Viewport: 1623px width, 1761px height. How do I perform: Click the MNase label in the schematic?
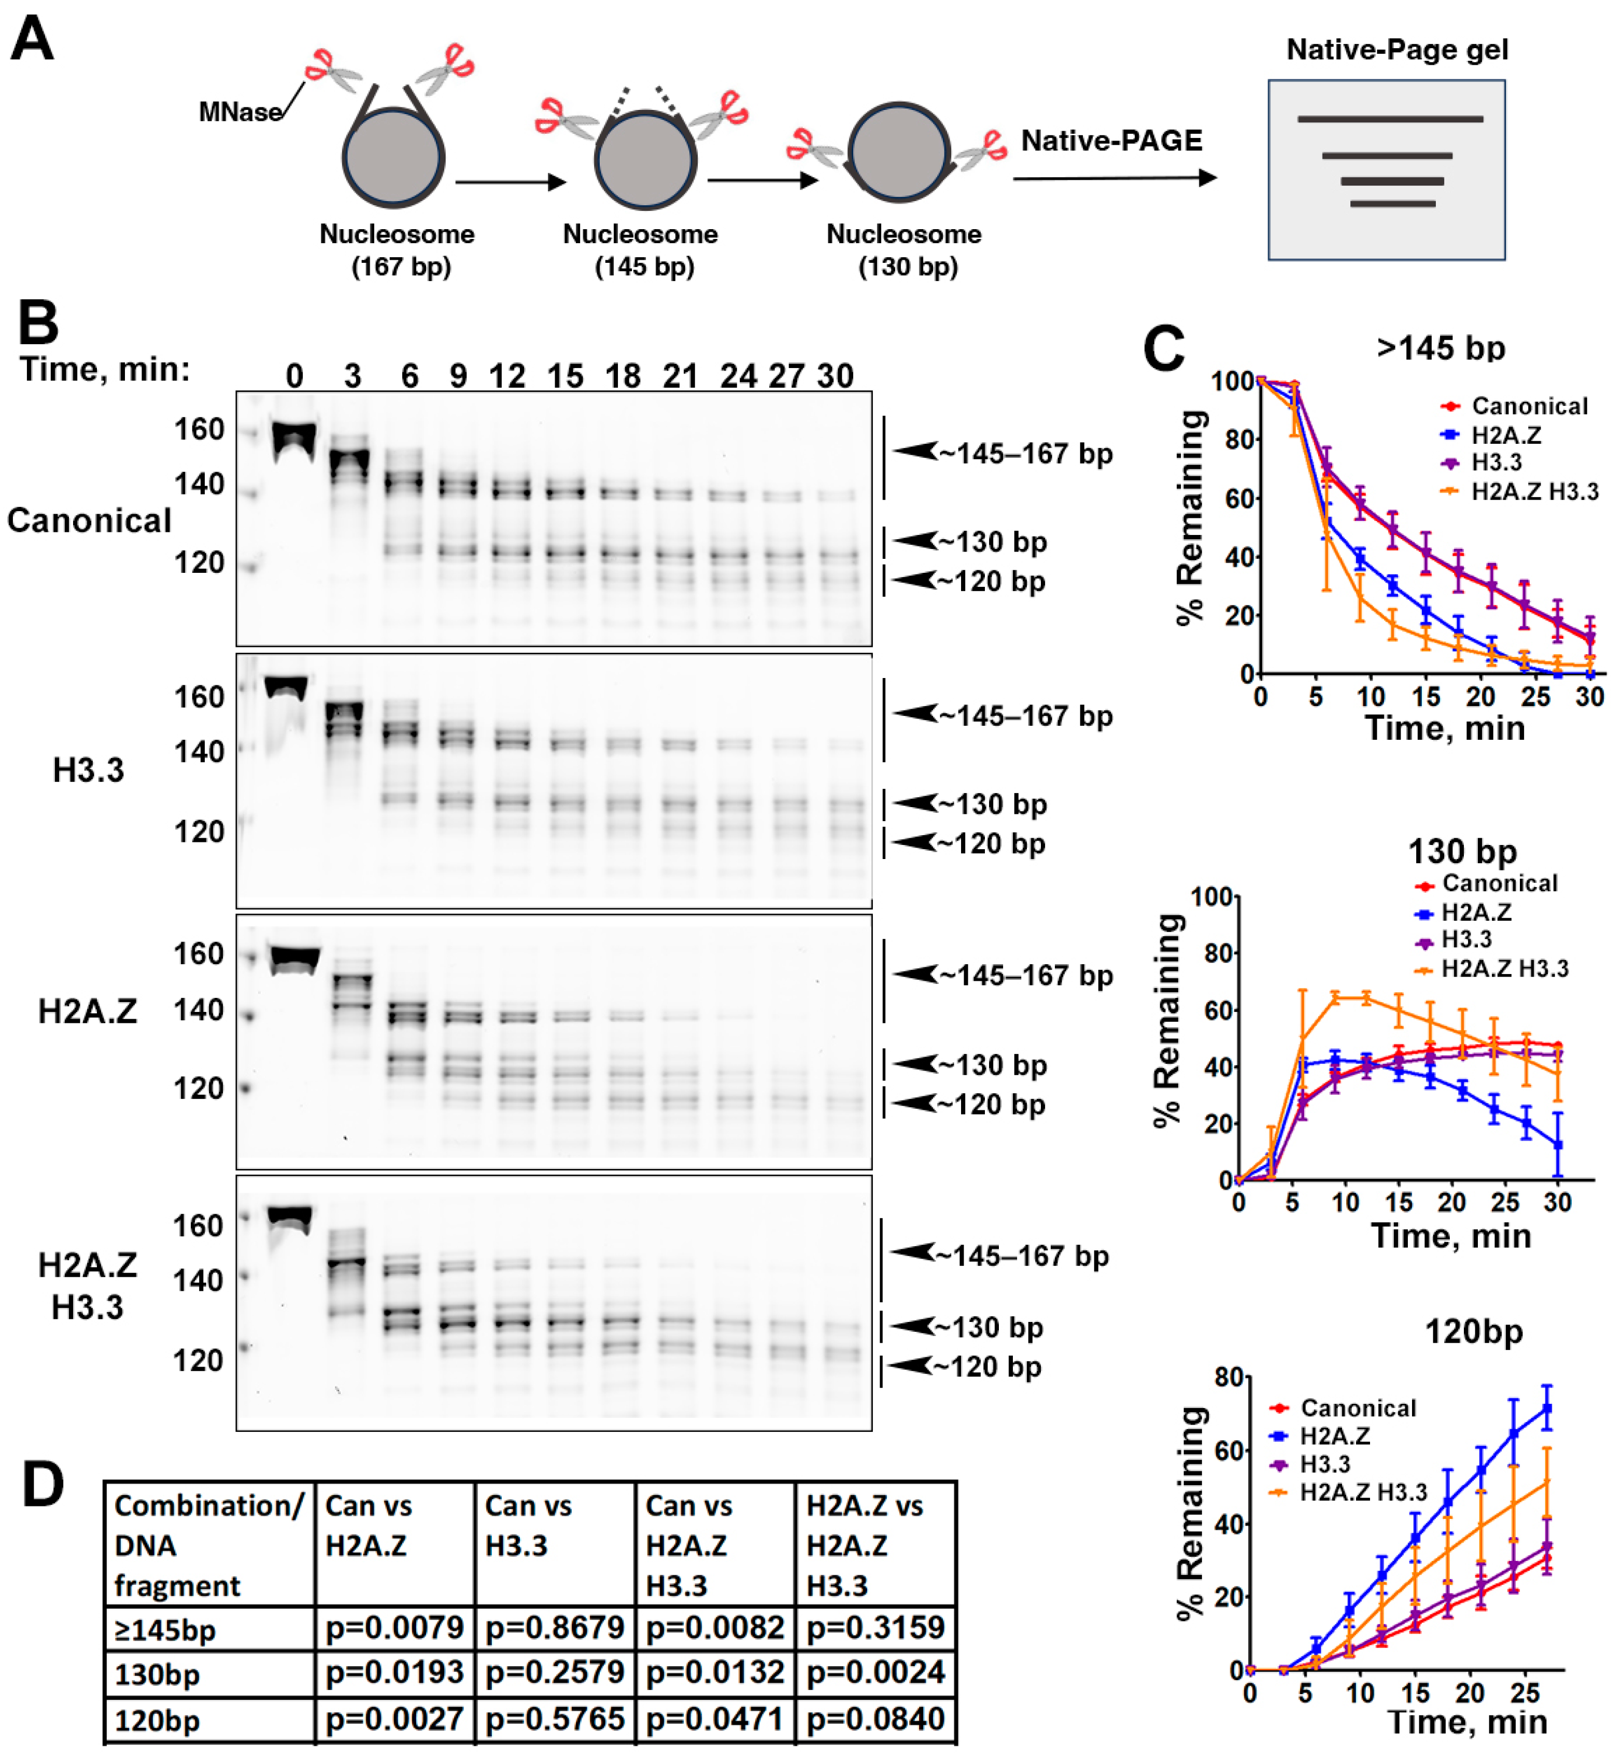[240, 112]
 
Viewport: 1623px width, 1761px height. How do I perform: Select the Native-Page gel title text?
[1396, 49]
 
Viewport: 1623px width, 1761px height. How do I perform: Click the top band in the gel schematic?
[1389, 119]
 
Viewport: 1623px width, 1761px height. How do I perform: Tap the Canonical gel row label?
[89, 521]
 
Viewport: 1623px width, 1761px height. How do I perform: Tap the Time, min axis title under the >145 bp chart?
[1445, 728]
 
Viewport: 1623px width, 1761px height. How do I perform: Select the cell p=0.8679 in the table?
[554, 1627]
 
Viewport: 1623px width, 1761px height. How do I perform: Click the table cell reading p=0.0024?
[874, 1672]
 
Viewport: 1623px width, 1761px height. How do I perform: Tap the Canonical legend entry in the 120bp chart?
[1358, 1409]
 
